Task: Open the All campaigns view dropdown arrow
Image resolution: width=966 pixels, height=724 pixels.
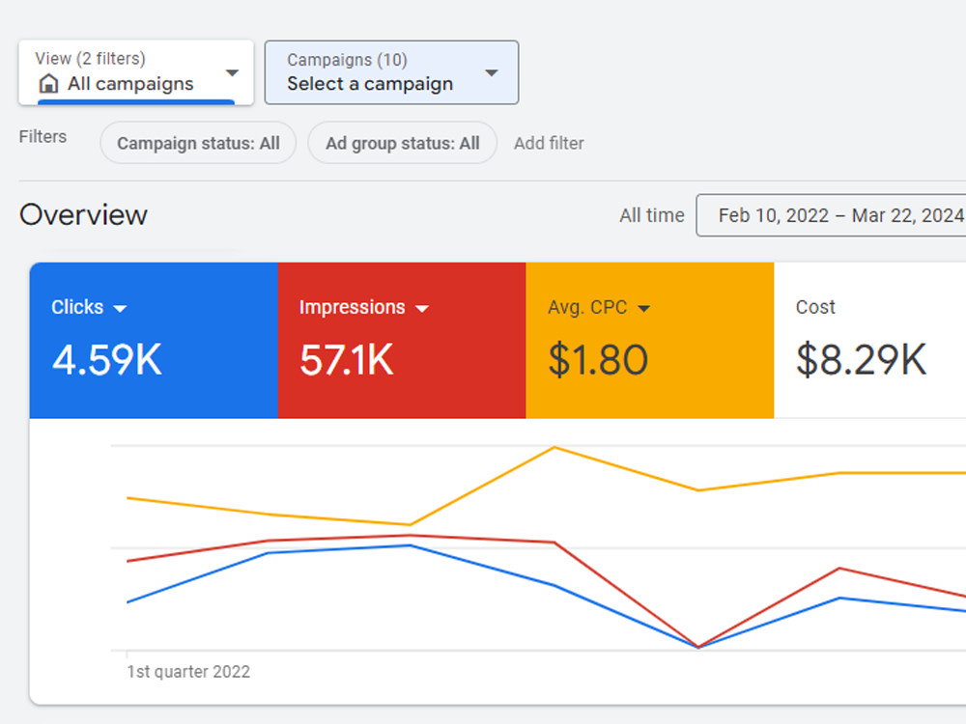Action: point(232,72)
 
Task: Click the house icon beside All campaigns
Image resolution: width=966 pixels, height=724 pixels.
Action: point(48,83)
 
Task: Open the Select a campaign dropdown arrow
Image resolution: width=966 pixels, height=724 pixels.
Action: point(491,72)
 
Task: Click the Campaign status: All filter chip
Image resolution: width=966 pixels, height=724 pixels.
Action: point(198,143)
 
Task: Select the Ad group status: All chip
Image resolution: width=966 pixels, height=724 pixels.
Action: point(402,143)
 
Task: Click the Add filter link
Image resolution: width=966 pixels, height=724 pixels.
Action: point(549,143)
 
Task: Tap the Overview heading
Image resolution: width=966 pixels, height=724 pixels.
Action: point(83,215)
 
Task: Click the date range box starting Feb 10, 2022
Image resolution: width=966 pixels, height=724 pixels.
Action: point(831,215)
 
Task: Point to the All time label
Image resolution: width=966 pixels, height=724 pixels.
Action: point(652,215)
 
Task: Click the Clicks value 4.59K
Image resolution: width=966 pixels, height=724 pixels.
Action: point(107,359)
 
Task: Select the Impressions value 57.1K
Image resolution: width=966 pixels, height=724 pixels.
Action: point(346,359)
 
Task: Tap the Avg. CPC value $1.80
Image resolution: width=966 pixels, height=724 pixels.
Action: point(598,359)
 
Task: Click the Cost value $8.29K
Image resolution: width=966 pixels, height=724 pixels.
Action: point(862,359)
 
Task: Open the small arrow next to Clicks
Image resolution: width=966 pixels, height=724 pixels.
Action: point(120,309)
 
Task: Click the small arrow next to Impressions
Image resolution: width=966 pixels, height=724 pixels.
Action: point(422,309)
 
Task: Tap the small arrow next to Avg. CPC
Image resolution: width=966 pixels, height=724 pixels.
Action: point(643,309)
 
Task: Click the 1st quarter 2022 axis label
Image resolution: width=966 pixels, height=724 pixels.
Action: point(188,671)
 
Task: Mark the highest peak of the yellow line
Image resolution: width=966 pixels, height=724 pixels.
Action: point(554,447)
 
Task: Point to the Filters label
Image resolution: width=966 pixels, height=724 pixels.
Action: point(43,136)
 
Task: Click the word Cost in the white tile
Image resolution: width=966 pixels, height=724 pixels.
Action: point(815,307)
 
